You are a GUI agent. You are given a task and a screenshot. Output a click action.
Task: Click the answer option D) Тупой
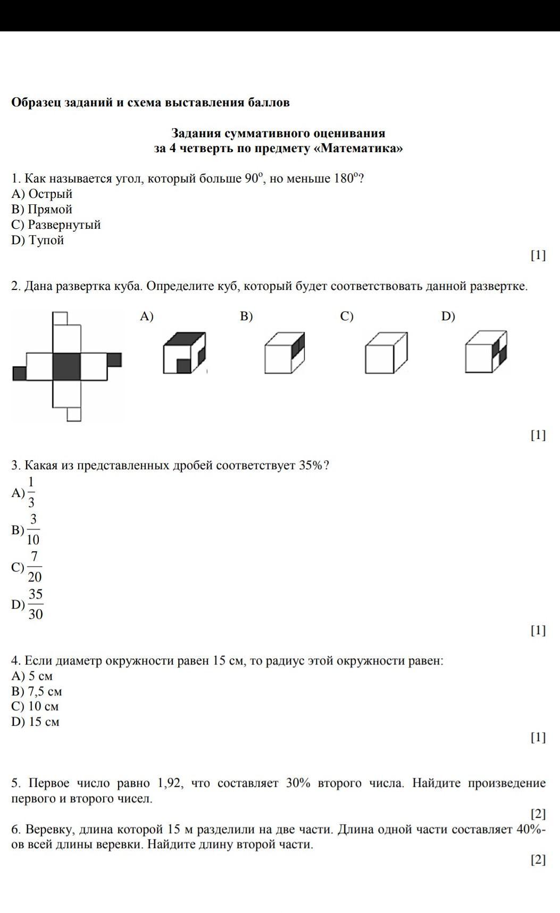tap(38, 240)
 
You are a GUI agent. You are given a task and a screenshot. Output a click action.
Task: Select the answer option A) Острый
tap(42, 194)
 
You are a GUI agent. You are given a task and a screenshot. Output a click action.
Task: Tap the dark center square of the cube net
tap(66, 366)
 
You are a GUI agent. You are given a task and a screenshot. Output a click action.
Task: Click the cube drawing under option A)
tap(184, 352)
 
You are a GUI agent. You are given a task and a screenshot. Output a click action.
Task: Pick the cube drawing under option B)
tap(285, 352)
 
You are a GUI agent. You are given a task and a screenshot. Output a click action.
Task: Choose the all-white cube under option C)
tap(386, 353)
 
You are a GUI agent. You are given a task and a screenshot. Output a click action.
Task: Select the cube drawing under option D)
tap(486, 352)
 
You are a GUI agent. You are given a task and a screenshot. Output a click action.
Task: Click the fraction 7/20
tap(34, 567)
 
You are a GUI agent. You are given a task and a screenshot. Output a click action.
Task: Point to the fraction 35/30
tap(35, 604)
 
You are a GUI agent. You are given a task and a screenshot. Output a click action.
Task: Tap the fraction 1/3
tap(31, 493)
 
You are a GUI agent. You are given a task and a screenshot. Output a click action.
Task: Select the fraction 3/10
tap(33, 530)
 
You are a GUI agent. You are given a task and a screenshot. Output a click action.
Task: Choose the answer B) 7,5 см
tap(37, 691)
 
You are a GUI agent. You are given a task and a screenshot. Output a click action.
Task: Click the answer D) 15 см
tap(35, 721)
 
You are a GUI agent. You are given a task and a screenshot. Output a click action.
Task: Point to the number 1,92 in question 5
tap(170, 783)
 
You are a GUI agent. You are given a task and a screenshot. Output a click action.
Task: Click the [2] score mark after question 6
tap(538, 860)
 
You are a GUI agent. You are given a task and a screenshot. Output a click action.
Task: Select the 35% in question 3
tap(311, 465)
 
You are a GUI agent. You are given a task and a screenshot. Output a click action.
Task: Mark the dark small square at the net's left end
tap(19, 373)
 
